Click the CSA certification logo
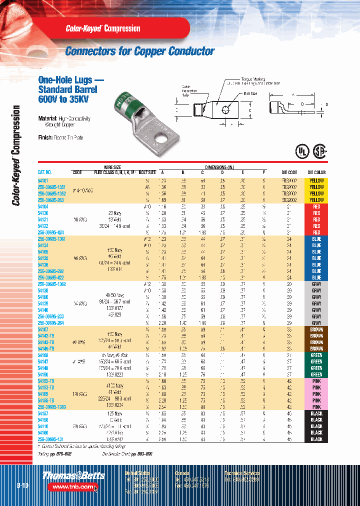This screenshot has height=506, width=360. pyautogui.click(x=320, y=152)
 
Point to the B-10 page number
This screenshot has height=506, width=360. pyautogui.click(x=22, y=485)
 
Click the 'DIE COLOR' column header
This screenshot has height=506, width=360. pyautogui.click(x=316, y=172)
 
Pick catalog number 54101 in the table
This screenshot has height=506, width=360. pyautogui.click(x=44, y=180)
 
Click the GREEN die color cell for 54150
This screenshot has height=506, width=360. pyautogui.click(x=316, y=374)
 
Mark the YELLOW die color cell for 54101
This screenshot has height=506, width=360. pyautogui.click(x=316, y=180)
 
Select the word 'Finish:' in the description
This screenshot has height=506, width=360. pyautogui.click(x=47, y=137)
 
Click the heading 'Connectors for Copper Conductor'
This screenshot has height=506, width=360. pyautogui.click(x=140, y=51)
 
